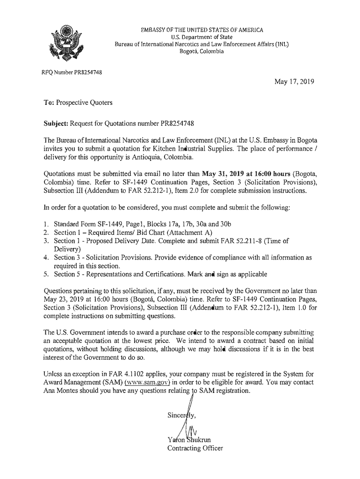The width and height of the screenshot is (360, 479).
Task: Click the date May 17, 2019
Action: (294, 82)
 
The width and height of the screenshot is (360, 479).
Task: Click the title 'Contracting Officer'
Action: (195, 449)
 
